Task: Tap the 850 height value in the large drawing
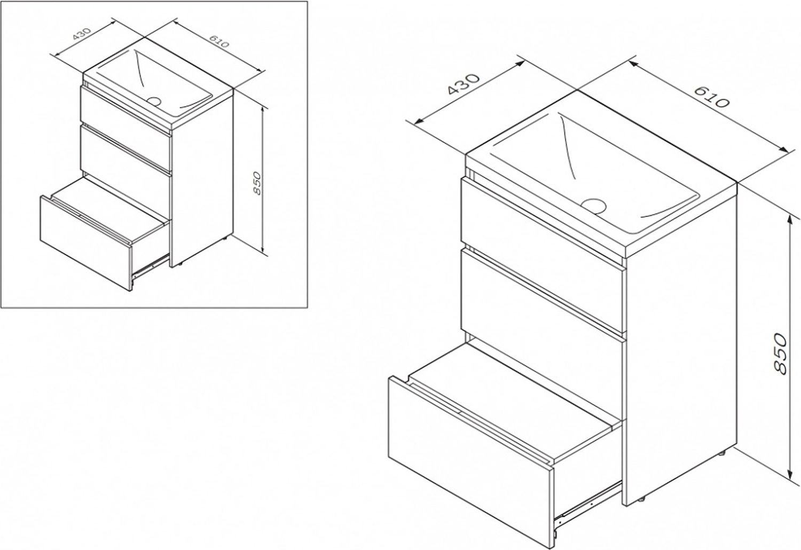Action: point(780,353)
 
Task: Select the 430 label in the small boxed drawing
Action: point(82,34)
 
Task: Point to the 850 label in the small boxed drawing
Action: point(257,183)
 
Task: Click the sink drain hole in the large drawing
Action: point(593,206)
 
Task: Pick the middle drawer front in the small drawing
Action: point(125,154)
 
